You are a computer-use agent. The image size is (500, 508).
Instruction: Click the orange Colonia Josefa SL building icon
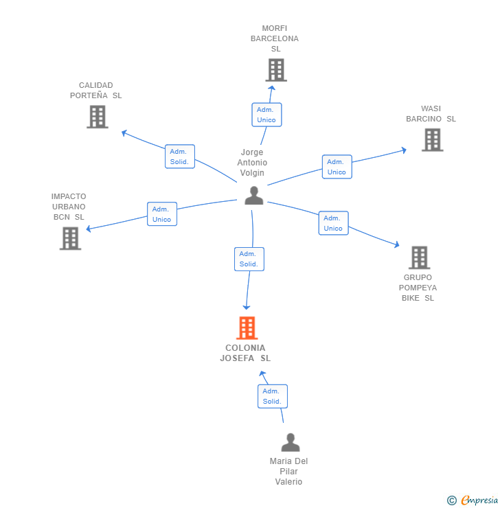click(x=247, y=328)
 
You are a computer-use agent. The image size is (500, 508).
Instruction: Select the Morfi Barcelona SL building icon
click(x=275, y=70)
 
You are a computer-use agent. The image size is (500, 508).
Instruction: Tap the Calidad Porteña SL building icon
click(x=98, y=117)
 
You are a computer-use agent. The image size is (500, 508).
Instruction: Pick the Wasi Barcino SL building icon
click(x=432, y=139)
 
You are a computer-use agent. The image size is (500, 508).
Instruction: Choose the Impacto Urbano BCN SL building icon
click(x=70, y=238)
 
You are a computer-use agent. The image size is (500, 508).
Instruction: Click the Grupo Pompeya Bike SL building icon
click(x=419, y=257)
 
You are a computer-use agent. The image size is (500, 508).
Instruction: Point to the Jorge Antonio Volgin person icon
click(x=254, y=196)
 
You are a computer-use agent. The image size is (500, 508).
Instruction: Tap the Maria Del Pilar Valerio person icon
click(x=291, y=443)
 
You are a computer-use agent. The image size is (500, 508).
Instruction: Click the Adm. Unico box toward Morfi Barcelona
click(x=266, y=115)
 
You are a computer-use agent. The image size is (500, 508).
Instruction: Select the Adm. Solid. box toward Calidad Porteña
click(x=180, y=157)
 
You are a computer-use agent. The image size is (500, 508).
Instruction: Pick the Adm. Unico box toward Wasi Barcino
click(x=337, y=167)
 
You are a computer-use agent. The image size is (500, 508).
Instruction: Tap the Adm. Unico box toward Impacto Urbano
click(x=162, y=214)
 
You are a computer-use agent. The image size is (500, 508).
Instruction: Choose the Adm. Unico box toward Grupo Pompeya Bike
click(x=333, y=223)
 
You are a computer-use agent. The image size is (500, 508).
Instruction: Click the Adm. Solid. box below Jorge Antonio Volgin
click(x=249, y=259)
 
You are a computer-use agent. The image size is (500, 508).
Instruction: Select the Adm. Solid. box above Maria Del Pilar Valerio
click(x=272, y=396)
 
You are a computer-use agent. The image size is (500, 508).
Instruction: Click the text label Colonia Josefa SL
click(x=245, y=353)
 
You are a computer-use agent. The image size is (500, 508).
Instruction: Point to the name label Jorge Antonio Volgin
click(x=252, y=163)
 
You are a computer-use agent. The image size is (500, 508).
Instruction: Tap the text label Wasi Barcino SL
click(x=431, y=113)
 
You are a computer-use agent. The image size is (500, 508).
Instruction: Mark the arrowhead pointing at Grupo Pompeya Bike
click(x=396, y=244)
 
